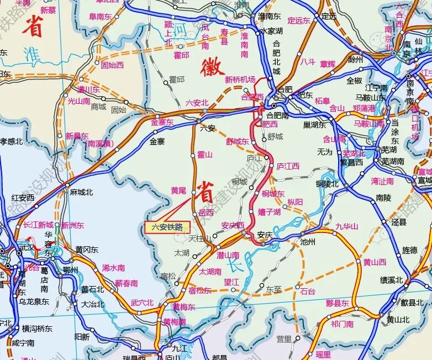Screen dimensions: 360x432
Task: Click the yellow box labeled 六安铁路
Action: point(167,227)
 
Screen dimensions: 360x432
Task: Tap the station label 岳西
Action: point(206,213)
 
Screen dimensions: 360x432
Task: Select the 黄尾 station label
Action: point(178,190)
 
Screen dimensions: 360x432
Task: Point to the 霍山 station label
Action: point(205,155)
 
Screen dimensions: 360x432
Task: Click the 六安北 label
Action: point(197,103)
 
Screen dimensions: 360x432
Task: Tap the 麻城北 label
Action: point(81,193)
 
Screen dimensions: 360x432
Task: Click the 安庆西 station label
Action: point(233,225)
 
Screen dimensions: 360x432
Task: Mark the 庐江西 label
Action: point(287,166)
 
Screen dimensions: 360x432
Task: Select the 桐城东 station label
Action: point(273,193)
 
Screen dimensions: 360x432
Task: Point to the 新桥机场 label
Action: point(240,80)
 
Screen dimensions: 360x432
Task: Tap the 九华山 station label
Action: point(347,226)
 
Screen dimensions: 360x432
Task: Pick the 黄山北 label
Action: point(398,319)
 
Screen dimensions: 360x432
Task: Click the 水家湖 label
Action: point(271,31)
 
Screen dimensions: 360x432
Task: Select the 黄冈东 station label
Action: point(87,250)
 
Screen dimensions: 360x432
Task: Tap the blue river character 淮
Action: point(32,54)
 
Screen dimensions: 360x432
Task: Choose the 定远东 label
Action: point(299,20)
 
